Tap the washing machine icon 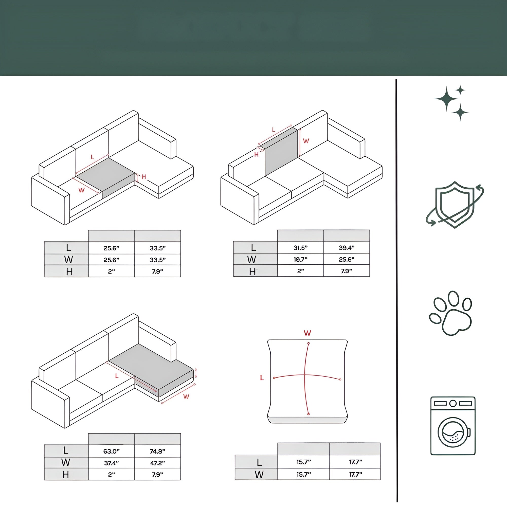(453, 426)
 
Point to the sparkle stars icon (451, 102)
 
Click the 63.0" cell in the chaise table (111, 451)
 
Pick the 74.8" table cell (157, 451)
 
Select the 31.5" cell (300, 248)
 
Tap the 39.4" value (346, 248)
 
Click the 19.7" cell (300, 260)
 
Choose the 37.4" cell (111, 463)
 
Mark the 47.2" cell (157, 463)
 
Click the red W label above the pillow (307, 333)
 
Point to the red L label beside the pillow (262, 378)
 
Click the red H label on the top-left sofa (143, 177)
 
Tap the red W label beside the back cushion (306, 141)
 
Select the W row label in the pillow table (259, 475)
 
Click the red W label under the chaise (186, 396)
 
